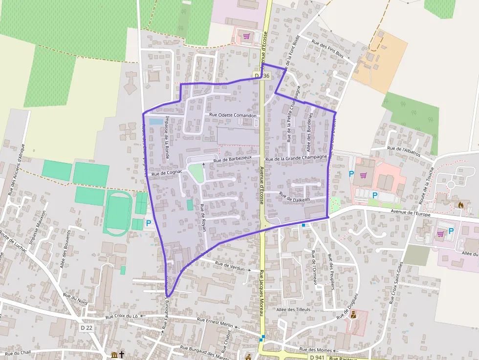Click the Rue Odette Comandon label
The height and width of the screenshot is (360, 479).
point(233,115)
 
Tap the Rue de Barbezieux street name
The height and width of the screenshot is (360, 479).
point(233,159)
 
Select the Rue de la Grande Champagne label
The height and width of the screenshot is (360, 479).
point(296,158)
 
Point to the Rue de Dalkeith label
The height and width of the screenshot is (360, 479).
point(294,197)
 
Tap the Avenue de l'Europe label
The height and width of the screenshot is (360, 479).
point(411,212)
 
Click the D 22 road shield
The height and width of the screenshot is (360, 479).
point(87,327)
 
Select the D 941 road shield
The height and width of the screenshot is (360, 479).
point(316,358)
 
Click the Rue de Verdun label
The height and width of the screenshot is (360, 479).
point(229,266)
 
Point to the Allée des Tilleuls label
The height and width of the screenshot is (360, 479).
point(293,309)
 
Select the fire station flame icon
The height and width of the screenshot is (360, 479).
point(460,205)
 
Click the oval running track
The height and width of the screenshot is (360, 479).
point(118,213)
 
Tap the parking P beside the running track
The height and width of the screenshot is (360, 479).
point(149,223)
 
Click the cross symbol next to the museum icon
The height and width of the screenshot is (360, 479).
point(122,355)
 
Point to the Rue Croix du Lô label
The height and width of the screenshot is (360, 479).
point(122,317)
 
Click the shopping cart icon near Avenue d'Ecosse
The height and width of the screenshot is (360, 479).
point(247,36)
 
